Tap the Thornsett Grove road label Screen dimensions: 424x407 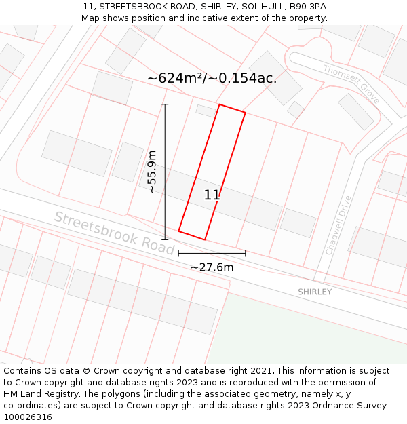(351, 84)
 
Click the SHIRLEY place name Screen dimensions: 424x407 (315, 292)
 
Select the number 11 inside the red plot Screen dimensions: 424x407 (212, 195)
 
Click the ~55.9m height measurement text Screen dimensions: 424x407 (152, 172)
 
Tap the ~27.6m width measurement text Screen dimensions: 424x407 (212, 267)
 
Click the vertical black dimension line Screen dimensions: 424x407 (165, 172)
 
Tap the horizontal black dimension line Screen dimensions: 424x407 (212, 254)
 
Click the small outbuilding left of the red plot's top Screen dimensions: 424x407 (206, 110)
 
